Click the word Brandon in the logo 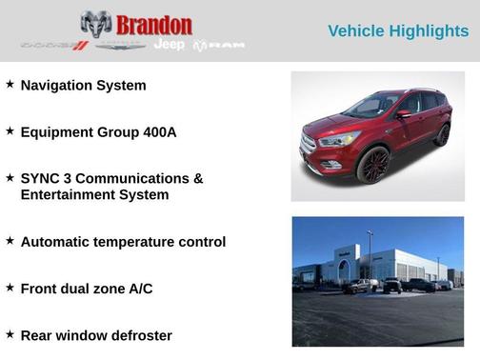coord(154,25)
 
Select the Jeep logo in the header coord(169,45)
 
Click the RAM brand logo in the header coord(219,46)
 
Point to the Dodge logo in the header coord(54,45)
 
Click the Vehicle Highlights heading coord(398,31)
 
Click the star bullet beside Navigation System coord(10,84)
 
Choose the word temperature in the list coord(131,242)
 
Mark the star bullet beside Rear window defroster coord(10,333)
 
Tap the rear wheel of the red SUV coord(442,134)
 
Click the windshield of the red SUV coord(372,106)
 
